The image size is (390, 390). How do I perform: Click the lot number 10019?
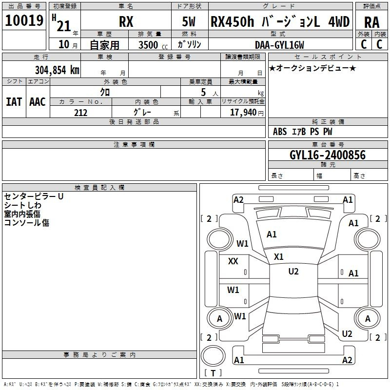[24, 20]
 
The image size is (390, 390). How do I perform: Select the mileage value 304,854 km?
[57, 70]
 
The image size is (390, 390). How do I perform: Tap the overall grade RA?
[371, 22]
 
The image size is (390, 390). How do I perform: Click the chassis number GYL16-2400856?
[328, 155]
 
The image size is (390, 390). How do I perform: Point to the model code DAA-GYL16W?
[279, 45]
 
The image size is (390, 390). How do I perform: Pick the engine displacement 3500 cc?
[153, 45]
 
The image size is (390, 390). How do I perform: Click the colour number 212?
[80, 113]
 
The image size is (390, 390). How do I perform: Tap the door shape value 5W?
[189, 21]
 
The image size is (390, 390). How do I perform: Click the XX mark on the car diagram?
[233, 261]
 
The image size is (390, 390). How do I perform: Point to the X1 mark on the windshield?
[278, 257]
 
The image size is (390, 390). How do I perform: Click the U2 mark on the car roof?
[293, 272]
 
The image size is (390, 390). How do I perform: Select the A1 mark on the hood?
[272, 234]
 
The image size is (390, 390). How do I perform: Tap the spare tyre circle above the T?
[213, 356]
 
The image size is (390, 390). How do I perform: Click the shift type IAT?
[14, 102]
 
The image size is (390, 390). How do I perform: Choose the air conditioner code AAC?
[38, 102]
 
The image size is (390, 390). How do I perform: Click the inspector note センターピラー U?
[34, 196]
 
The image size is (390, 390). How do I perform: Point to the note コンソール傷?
[27, 223]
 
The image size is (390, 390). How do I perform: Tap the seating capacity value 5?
[203, 92]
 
